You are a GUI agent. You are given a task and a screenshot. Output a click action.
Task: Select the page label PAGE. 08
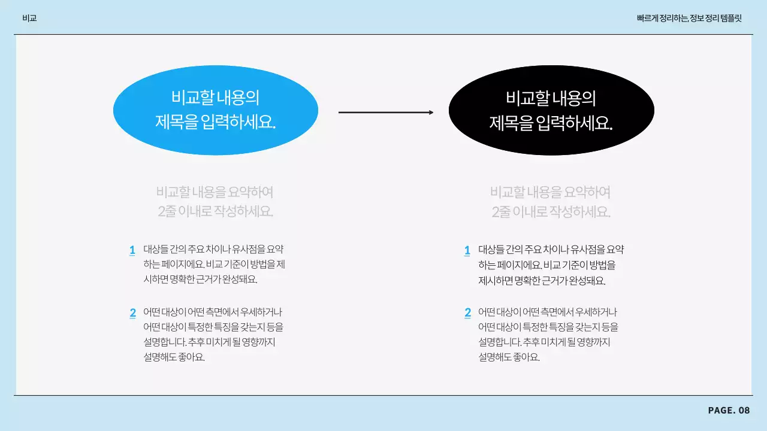pyautogui.click(x=729, y=410)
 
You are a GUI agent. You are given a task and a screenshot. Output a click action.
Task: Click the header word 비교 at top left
pyautogui.click(x=29, y=18)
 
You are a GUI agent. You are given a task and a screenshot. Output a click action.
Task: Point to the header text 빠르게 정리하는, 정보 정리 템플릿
pyautogui.click(x=689, y=18)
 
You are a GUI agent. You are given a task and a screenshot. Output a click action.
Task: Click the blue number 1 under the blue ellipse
pyautogui.click(x=132, y=250)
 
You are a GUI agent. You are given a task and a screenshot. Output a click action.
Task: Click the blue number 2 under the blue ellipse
pyautogui.click(x=132, y=313)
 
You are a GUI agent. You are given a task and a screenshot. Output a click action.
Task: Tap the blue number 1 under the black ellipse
pyautogui.click(x=467, y=250)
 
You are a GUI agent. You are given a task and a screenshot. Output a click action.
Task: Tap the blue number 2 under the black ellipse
pyautogui.click(x=467, y=313)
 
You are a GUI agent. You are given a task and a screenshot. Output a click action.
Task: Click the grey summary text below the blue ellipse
pyautogui.click(x=215, y=202)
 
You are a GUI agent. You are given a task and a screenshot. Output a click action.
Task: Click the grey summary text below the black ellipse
pyautogui.click(x=550, y=202)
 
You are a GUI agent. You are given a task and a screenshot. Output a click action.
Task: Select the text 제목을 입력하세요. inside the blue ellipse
pyautogui.click(x=216, y=123)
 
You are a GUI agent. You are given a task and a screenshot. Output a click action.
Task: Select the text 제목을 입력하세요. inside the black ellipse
pyautogui.click(x=551, y=123)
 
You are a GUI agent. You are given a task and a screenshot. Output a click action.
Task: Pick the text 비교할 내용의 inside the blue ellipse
pyautogui.click(x=216, y=98)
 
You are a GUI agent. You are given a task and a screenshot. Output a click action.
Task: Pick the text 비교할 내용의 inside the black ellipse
pyautogui.click(x=551, y=98)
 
